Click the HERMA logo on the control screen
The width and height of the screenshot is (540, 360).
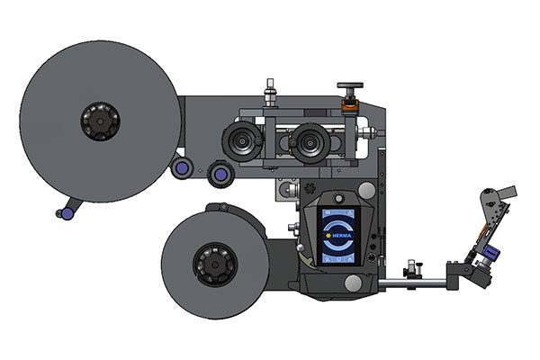point(341,237)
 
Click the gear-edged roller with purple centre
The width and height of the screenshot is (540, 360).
point(217,174)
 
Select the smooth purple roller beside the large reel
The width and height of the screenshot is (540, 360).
point(183,167)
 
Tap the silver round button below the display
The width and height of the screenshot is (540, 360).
point(355,283)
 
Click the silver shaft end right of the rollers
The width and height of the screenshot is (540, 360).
point(369,132)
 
